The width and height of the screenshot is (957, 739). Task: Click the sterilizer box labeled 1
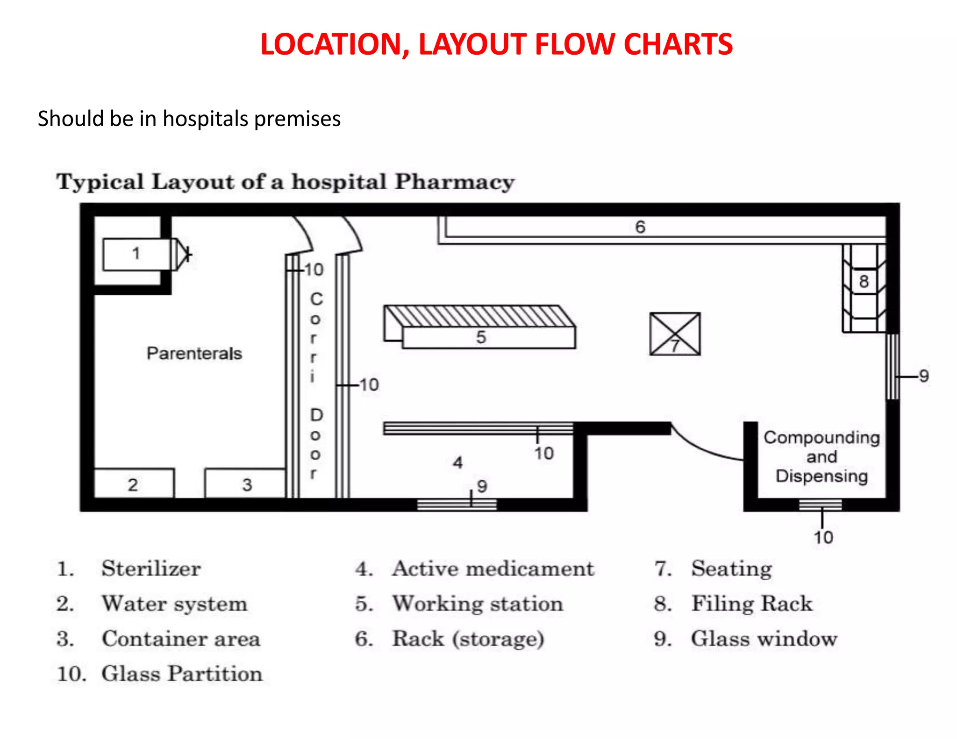[136, 254]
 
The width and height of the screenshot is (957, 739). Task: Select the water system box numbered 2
[134, 484]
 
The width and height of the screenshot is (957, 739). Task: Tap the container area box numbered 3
[246, 484]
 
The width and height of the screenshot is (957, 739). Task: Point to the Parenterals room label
[194, 354]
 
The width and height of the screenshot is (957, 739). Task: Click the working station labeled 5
[481, 336]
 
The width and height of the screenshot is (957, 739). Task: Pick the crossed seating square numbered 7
[675, 334]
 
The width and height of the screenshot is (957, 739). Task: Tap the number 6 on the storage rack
[640, 227]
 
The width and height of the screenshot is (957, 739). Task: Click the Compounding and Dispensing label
[822, 457]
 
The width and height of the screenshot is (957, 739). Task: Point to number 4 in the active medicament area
[458, 463]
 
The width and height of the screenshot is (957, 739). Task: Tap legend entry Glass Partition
[182, 674]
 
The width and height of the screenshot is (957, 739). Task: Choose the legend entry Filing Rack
[752, 604]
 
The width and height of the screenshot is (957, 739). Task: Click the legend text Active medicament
[493, 568]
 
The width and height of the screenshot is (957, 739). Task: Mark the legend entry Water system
[174, 604]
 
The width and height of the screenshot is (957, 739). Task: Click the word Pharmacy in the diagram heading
[454, 182]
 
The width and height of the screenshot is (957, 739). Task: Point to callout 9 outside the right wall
[924, 376]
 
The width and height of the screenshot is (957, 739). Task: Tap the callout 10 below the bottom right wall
[823, 537]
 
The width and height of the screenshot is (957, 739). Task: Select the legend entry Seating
[732, 568]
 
